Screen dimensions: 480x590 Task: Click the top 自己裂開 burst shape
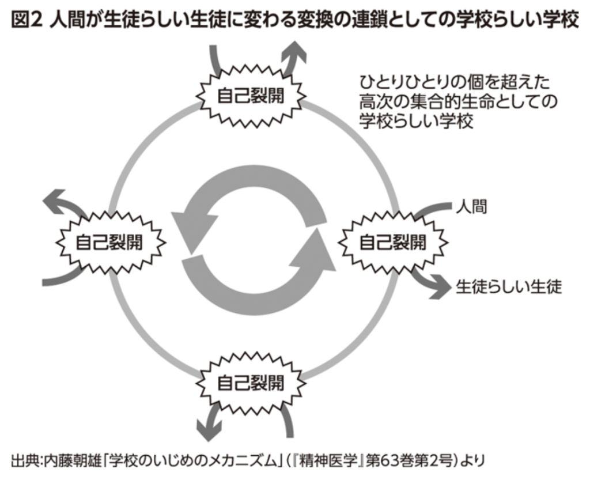[x=250, y=96]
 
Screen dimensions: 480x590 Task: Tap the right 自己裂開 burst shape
[x=392, y=242]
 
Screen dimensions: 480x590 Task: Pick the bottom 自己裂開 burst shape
[x=250, y=382]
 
